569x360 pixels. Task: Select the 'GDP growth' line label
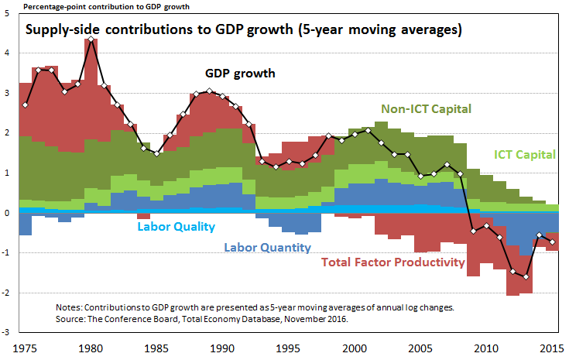(x=240, y=74)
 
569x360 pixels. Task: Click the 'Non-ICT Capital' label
(x=427, y=108)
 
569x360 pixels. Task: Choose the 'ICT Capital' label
(x=526, y=154)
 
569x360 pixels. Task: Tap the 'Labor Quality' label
(x=176, y=227)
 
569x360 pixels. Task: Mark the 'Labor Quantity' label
(x=267, y=248)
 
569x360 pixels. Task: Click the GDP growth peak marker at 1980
(x=92, y=39)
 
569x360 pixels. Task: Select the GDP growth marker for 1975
(x=26, y=105)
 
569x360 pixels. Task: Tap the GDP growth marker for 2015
(x=552, y=242)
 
